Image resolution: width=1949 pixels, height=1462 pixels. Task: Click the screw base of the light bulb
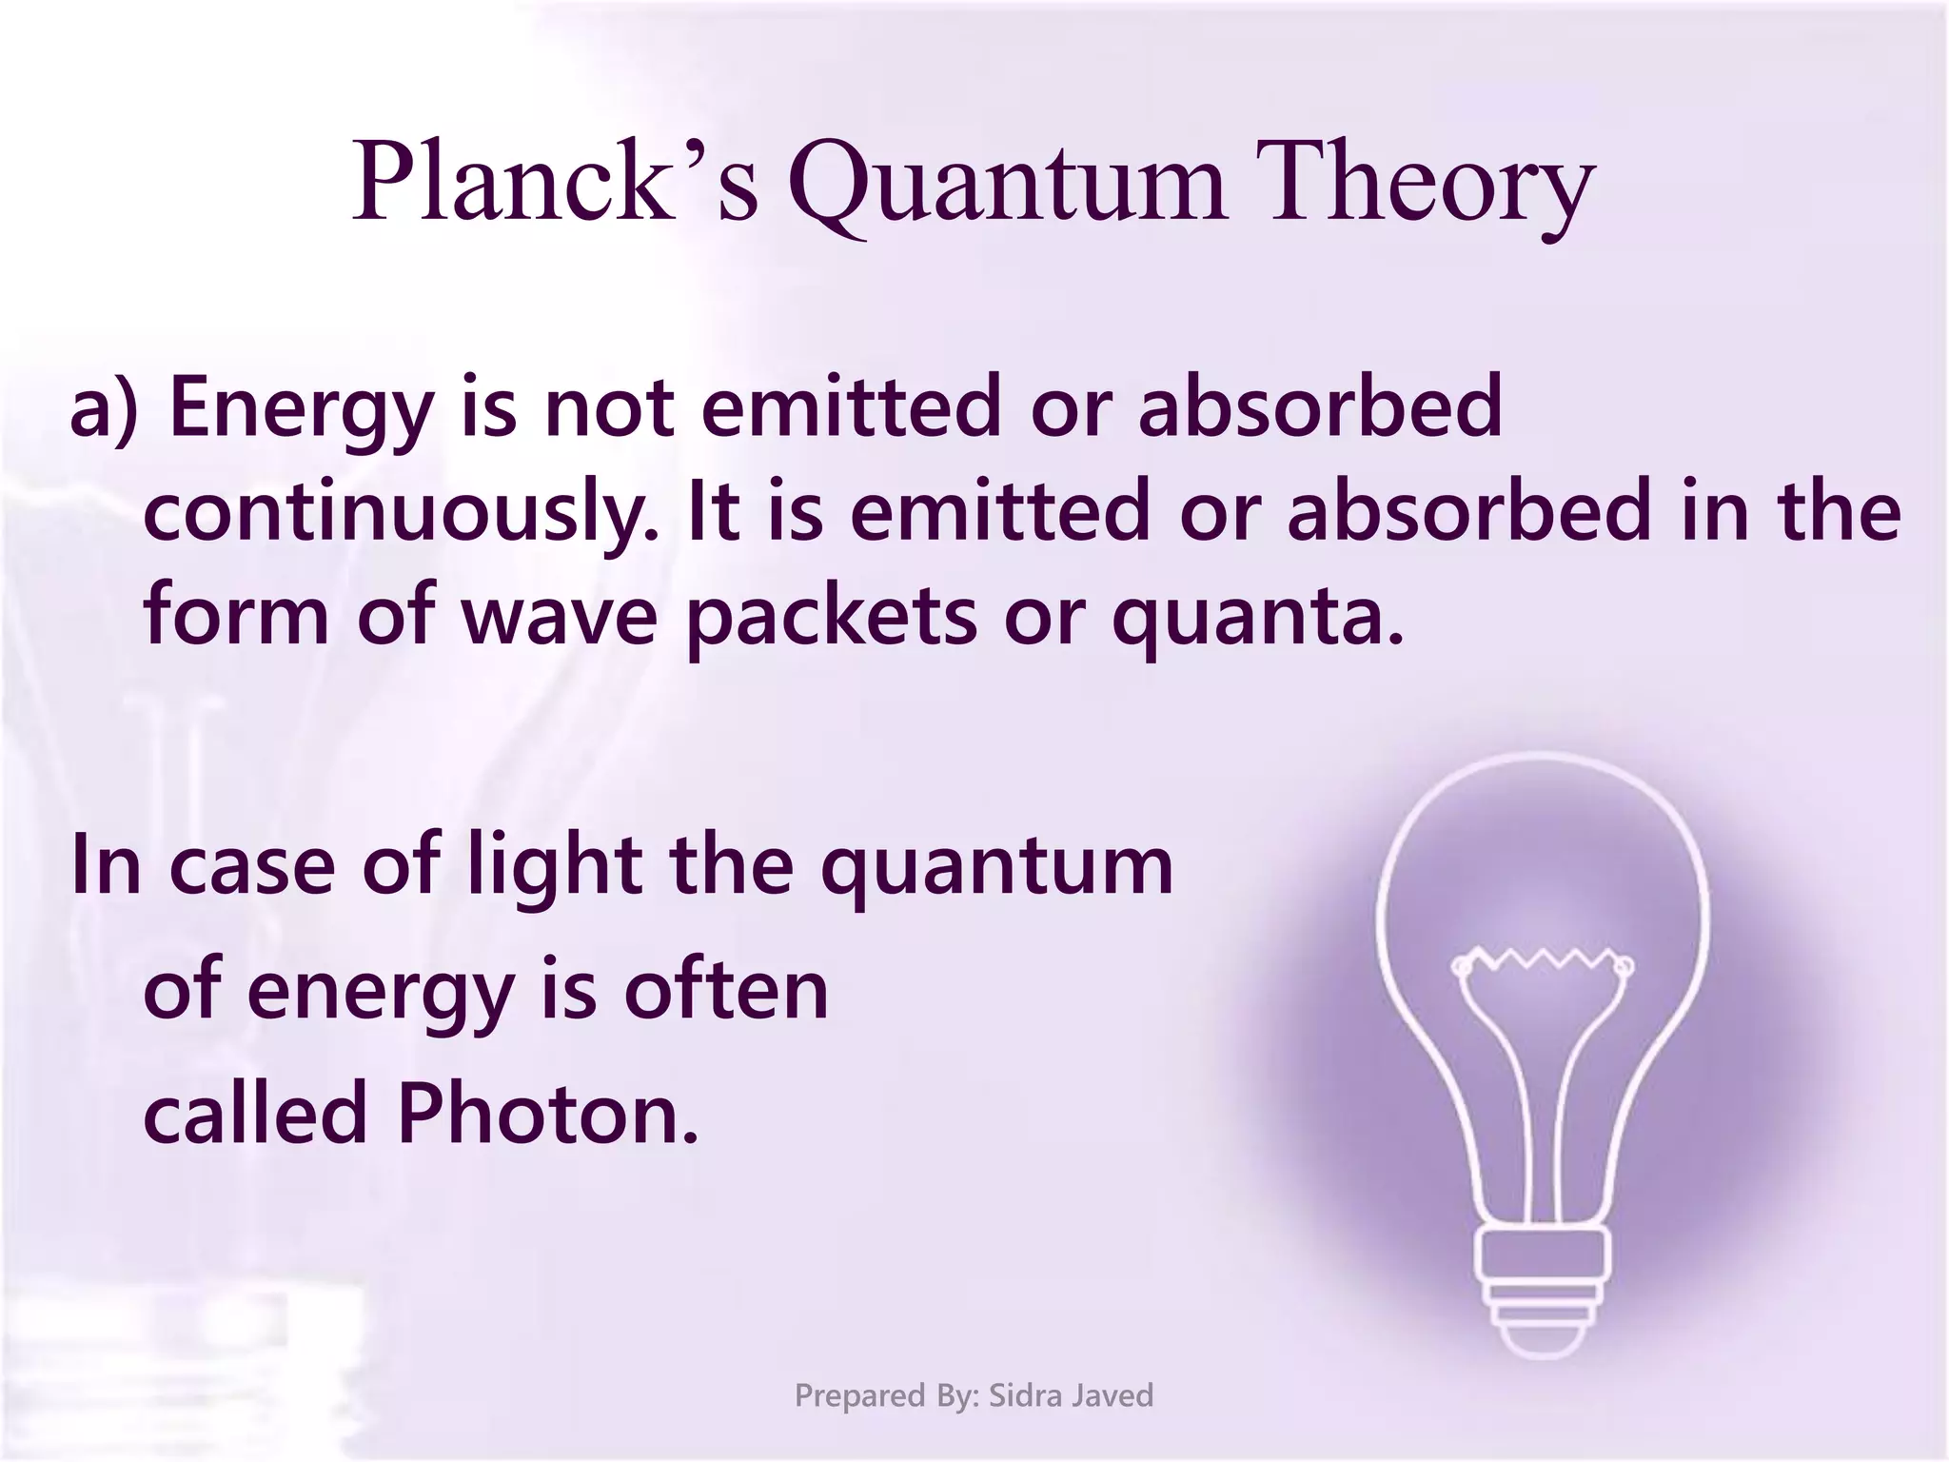[x=1542, y=1285]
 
